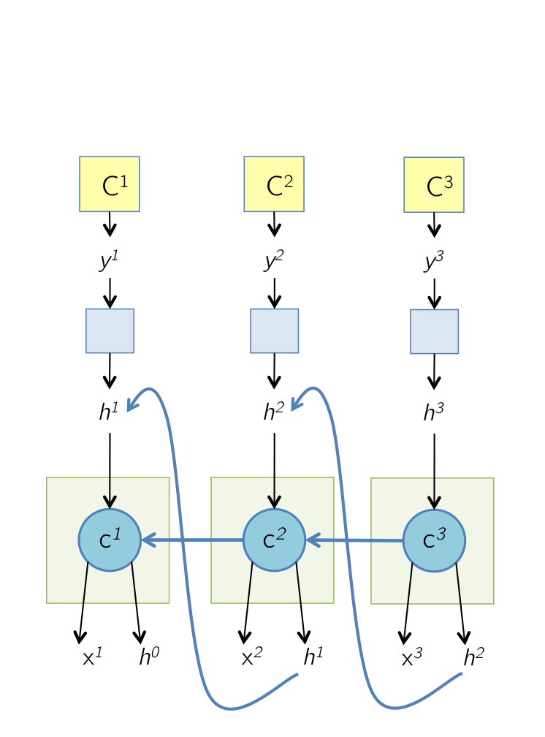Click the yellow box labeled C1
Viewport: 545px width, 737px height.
pyautogui.click(x=110, y=184)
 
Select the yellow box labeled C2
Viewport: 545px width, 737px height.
pyautogui.click(x=274, y=184)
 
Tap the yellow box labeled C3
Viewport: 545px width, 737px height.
pyautogui.click(x=434, y=185)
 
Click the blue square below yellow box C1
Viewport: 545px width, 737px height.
pyautogui.click(x=110, y=330)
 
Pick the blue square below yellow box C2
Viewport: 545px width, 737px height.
pyautogui.click(x=275, y=330)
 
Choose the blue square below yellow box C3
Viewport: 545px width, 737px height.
pyautogui.click(x=435, y=331)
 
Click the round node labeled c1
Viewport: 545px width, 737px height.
pyautogui.click(x=110, y=540)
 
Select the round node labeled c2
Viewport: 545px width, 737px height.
pyautogui.click(x=274, y=540)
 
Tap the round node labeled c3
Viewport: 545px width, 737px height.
pyautogui.click(x=434, y=541)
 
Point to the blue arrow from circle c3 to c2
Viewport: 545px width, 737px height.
pyautogui.click(x=354, y=541)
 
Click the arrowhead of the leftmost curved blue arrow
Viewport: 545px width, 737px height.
pyautogui.click(x=133, y=404)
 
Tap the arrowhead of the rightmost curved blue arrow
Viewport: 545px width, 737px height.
pyautogui.click(x=297, y=404)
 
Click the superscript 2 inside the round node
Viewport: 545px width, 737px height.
pyautogui.click(x=281, y=536)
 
